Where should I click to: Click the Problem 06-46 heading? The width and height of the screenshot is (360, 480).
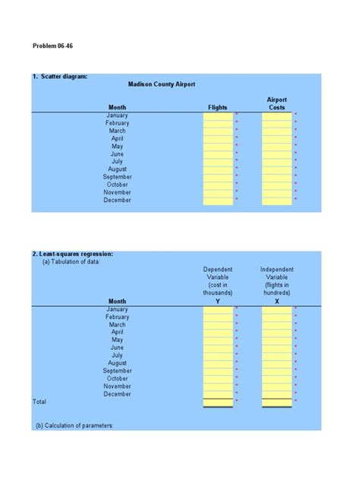pos(52,46)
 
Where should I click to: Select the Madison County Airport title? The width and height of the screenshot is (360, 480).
pos(162,84)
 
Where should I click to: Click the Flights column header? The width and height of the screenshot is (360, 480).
pos(217,108)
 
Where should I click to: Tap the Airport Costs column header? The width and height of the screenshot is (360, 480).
pos(276,103)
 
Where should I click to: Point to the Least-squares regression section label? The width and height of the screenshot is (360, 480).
pos(73,254)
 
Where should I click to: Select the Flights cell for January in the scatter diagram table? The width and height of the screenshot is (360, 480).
pos(218,115)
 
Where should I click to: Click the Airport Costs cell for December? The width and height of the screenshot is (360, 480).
pos(276,201)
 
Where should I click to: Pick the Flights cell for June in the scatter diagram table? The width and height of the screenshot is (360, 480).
pos(218,154)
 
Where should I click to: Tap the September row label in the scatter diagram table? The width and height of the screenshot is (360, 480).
pos(117,177)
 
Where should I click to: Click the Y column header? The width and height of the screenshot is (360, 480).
pos(218,302)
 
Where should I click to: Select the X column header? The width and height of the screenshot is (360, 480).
pos(276,302)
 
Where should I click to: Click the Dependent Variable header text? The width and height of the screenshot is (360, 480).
pos(218,281)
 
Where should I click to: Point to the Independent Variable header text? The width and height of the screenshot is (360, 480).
pos(276,281)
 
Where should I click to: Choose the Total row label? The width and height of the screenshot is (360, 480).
pos(39,402)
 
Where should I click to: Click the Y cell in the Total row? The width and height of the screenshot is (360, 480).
pos(218,402)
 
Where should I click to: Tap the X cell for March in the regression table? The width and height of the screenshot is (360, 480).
pos(276,324)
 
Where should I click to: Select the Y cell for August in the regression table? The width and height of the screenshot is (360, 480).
pos(218,363)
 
